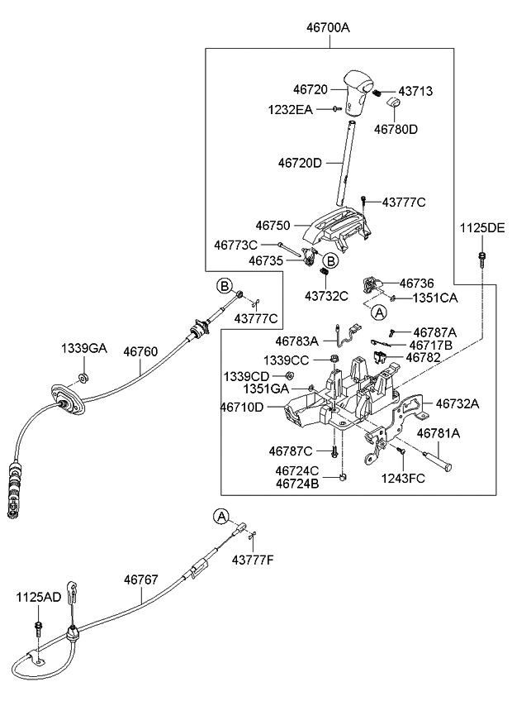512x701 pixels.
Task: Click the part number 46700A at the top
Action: click(328, 27)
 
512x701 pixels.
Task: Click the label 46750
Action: click(273, 225)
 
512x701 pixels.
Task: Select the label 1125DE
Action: click(481, 227)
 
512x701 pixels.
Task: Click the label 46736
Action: click(417, 283)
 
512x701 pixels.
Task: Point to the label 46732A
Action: click(457, 404)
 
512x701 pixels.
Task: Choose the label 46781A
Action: click(438, 433)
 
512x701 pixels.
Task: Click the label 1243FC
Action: click(404, 478)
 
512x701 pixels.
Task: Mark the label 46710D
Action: click(242, 407)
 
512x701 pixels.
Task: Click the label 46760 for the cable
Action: click(140, 350)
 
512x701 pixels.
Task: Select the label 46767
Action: click(140, 580)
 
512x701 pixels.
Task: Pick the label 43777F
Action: click(252, 560)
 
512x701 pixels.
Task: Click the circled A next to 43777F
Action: click(220, 516)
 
